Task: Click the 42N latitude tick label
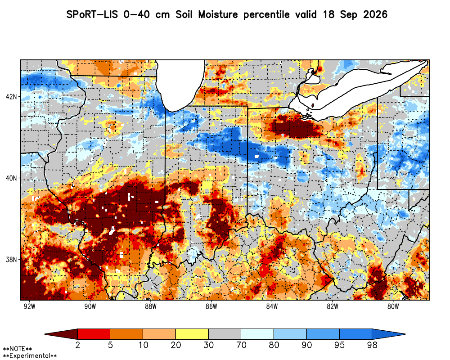[x=12, y=97]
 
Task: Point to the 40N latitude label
[x=12, y=178]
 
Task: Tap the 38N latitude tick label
[x=12, y=260]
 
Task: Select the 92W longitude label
[x=29, y=306]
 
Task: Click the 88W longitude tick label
[x=151, y=306]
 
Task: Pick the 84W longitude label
[x=272, y=306]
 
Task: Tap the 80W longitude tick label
[x=393, y=306]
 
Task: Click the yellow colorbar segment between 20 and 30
[x=192, y=334]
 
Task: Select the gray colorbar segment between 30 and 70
[x=225, y=334]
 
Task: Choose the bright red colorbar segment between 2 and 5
[x=94, y=334]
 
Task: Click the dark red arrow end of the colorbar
[x=61, y=334]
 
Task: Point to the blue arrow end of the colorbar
[x=389, y=334]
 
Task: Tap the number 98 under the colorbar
[x=372, y=345]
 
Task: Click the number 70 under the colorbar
[x=241, y=345]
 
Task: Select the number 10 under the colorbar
[x=143, y=345]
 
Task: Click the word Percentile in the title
[x=266, y=15]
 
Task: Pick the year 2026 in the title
[x=375, y=14]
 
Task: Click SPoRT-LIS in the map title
[x=92, y=14]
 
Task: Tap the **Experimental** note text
[x=30, y=356]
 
